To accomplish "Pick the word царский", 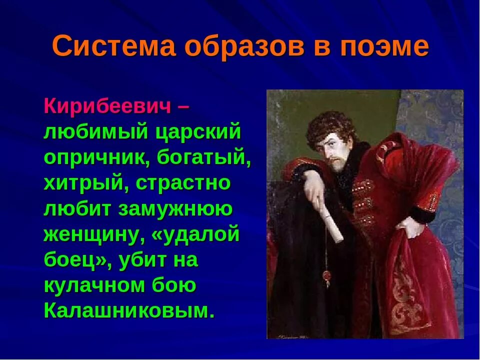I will click(198, 132).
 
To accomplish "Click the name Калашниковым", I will click(129, 311).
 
